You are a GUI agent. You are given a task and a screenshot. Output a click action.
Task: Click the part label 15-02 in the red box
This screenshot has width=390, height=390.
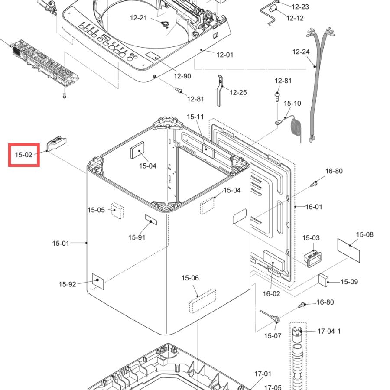[x=24, y=155]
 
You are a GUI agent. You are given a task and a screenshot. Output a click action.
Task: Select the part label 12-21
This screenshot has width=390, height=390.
[x=139, y=18]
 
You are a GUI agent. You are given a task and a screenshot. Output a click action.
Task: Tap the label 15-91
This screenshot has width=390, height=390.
[x=137, y=237]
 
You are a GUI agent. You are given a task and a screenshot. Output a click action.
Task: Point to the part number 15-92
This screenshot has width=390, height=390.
[x=68, y=284]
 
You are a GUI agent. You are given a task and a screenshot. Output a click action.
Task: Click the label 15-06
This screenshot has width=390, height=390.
[x=190, y=278]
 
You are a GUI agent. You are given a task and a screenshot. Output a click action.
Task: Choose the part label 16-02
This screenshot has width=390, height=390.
[x=272, y=294]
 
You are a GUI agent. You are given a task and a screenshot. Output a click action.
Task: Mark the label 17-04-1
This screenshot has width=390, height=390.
[x=329, y=331]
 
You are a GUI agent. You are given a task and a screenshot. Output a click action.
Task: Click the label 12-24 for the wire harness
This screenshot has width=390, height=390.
[x=301, y=52]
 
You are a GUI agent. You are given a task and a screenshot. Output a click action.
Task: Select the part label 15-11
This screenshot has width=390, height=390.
[x=195, y=117]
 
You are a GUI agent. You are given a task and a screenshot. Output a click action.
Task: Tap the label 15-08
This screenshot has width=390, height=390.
[x=365, y=234]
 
